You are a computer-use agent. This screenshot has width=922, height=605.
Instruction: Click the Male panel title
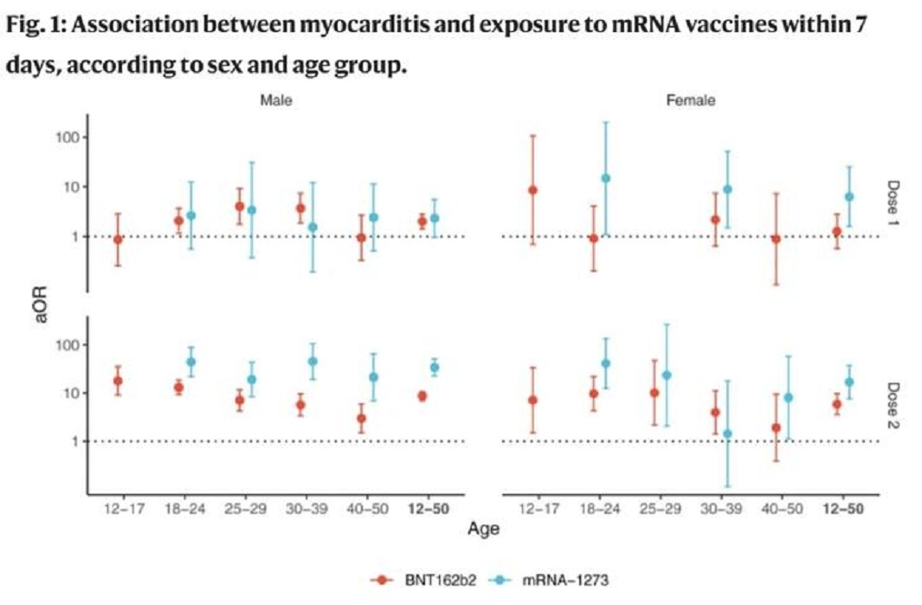[276, 100]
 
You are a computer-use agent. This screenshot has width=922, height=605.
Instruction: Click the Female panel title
[690, 100]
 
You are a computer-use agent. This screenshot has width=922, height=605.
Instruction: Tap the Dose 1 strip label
[893, 202]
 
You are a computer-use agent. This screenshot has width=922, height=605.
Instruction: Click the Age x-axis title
[483, 529]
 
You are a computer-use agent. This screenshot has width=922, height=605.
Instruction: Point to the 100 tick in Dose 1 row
[68, 138]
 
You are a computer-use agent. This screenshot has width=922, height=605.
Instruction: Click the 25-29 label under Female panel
[661, 509]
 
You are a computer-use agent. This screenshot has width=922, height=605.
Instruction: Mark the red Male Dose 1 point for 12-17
[118, 240]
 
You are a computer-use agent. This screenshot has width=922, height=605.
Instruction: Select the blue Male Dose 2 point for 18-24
[190, 362]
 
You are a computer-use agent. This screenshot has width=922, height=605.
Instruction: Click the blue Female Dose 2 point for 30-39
[727, 434]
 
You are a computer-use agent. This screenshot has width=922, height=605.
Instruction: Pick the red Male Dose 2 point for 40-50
[361, 418]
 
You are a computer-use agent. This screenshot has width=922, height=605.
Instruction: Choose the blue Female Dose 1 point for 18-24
[605, 178]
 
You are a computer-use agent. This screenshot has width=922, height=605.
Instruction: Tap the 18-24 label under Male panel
[184, 509]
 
